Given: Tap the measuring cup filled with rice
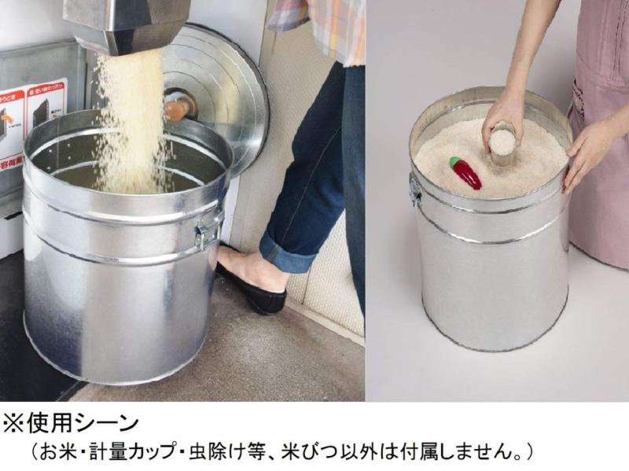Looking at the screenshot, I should (x=502, y=143).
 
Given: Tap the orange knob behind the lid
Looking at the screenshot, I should (x=177, y=106).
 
